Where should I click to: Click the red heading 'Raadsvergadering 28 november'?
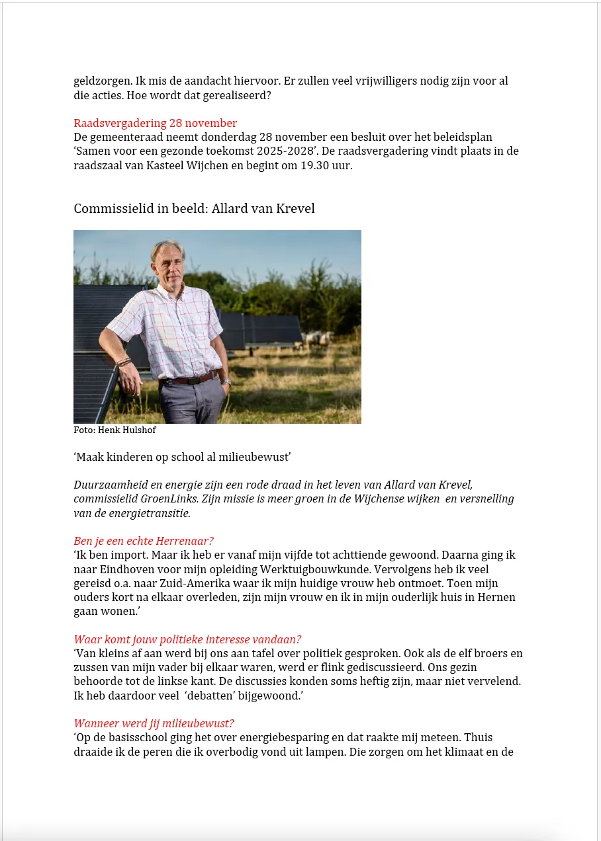[155, 123]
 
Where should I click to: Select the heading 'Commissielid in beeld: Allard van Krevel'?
[194, 209]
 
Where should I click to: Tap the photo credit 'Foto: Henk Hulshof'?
[115, 430]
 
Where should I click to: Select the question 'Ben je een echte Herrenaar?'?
[144, 541]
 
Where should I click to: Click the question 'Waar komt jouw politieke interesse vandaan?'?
[187, 639]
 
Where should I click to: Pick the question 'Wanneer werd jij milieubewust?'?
[154, 724]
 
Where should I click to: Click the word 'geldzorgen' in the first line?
[102, 82]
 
